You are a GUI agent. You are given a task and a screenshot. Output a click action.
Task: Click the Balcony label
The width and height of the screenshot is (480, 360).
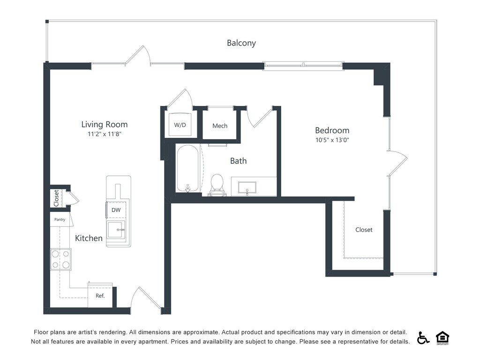click(241, 43)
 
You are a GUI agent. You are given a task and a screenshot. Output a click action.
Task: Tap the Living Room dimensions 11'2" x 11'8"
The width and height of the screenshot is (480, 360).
click(105, 134)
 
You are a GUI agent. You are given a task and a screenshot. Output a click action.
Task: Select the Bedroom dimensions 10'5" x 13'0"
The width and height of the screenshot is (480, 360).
click(332, 140)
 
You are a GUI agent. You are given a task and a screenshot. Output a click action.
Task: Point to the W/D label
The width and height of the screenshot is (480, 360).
click(180, 125)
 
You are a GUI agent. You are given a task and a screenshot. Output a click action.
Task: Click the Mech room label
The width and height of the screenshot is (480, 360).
click(220, 126)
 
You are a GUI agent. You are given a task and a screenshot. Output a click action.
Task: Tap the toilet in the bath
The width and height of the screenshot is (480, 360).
click(217, 185)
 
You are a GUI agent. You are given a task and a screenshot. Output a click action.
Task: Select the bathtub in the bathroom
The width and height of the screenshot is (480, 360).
click(187, 168)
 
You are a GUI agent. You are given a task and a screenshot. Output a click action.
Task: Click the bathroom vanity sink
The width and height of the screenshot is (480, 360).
click(247, 187)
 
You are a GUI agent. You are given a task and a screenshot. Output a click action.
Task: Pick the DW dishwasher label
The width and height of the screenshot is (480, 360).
click(116, 210)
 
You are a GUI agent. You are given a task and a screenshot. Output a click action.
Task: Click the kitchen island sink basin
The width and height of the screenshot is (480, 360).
click(116, 229)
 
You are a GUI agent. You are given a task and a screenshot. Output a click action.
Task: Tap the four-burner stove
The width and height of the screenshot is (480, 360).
click(60, 259)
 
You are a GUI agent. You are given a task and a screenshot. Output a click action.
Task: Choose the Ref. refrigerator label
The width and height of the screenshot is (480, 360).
click(100, 296)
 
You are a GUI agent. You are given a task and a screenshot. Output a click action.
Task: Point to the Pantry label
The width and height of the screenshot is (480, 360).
click(60, 219)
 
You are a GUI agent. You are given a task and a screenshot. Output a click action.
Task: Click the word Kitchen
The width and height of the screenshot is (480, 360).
click(89, 238)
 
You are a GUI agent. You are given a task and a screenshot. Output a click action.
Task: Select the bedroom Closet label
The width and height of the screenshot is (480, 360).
click(364, 230)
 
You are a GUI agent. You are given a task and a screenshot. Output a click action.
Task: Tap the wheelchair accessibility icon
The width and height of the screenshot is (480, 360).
click(423, 337)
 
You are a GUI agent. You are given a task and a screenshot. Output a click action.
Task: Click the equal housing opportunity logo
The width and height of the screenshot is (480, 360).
click(442, 337)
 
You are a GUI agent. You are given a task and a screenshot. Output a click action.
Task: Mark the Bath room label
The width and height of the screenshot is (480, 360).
click(239, 161)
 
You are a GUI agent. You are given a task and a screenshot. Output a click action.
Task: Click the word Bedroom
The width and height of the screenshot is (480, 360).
click(332, 130)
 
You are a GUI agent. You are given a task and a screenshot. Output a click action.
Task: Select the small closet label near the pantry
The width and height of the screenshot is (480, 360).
click(56, 198)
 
